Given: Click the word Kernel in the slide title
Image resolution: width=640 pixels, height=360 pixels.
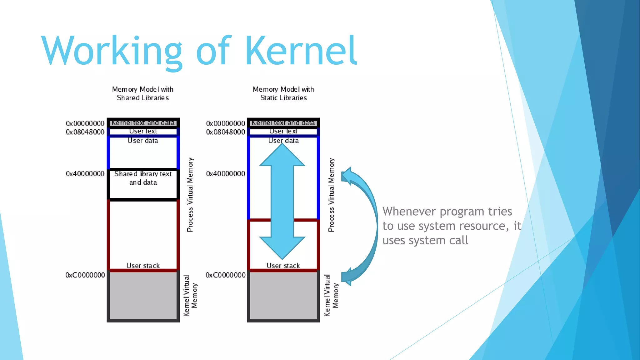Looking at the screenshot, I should point(301,51).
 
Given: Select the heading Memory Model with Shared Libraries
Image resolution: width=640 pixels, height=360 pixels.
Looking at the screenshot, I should point(143,93).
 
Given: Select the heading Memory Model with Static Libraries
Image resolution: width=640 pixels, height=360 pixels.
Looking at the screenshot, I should point(283,93).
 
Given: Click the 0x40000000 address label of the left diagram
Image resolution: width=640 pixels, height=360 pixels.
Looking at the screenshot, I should point(85,174).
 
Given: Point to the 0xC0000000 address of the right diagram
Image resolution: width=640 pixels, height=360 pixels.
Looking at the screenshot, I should point(225,275).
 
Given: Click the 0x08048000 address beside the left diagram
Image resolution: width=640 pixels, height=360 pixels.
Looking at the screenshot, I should point(85,132).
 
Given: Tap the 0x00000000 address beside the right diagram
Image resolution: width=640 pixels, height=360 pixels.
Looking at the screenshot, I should point(225,123).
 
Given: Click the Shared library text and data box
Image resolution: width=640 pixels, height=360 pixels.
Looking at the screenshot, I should point(143,184).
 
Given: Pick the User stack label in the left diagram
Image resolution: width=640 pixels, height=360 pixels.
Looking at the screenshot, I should point(143,266).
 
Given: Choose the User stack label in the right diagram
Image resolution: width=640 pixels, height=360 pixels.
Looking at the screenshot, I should point(283,266).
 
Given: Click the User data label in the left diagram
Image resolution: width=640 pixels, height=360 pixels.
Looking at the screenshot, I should point(143,141).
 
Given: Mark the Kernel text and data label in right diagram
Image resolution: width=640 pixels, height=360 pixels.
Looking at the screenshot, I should point(283,123).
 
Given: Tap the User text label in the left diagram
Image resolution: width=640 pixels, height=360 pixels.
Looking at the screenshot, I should point(143,131).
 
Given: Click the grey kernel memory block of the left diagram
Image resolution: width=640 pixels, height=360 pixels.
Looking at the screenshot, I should point(143,295).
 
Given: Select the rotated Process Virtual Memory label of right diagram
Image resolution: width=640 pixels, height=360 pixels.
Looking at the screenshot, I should point(331,195).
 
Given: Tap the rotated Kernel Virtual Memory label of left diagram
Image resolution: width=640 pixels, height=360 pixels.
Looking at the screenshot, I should point(190,295).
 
